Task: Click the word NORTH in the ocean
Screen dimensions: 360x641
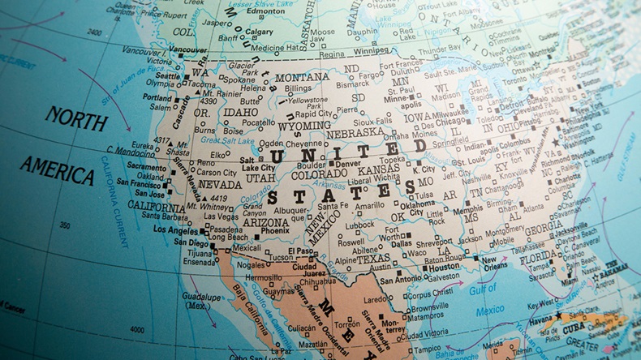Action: click(x=75, y=118)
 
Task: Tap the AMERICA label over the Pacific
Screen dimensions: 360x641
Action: click(x=57, y=169)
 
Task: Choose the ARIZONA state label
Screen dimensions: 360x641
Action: click(x=265, y=222)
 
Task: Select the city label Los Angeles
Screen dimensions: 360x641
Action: click(x=177, y=229)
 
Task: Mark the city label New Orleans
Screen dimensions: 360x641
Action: click(x=495, y=262)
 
